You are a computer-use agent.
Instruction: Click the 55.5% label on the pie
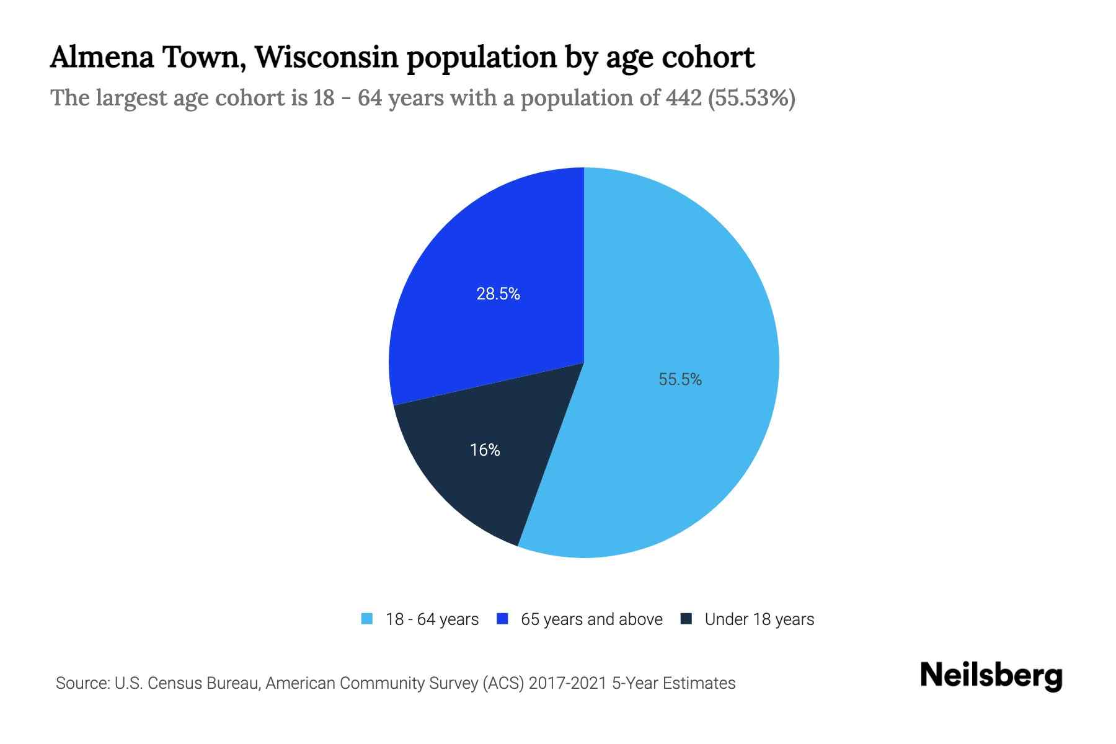680,379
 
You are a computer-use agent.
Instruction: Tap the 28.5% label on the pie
498,294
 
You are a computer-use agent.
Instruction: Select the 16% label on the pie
485,450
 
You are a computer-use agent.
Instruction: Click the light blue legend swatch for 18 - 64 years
367,619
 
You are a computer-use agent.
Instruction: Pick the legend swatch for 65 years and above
503,619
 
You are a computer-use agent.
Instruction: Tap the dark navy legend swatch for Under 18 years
686,619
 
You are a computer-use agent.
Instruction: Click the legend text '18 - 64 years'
432,619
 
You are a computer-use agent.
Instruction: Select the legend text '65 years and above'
591,619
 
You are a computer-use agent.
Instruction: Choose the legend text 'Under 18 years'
759,619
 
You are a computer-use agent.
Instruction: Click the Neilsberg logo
991,675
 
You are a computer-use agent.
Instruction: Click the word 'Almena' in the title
102,57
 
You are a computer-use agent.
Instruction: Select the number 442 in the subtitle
683,98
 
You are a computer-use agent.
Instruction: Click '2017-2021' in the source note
568,683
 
